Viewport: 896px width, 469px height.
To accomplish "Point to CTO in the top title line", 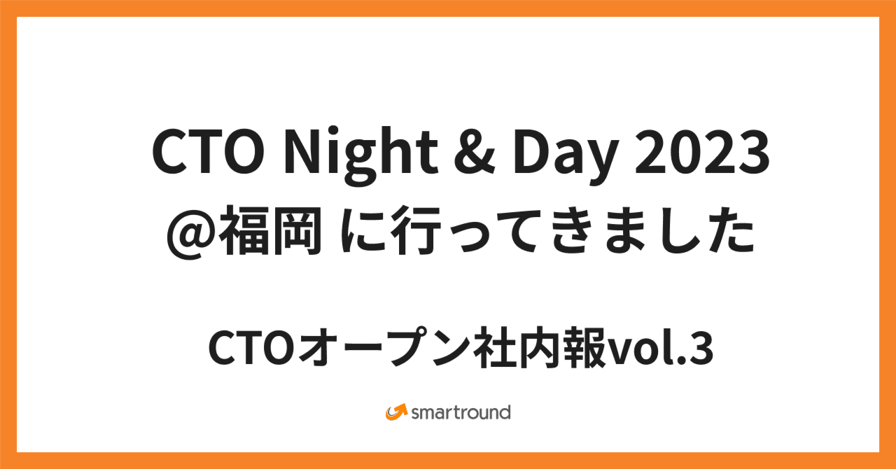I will click(203, 153).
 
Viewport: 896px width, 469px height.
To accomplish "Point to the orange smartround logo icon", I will click(396, 412).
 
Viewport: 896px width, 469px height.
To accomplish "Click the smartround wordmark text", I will click(461, 412).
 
